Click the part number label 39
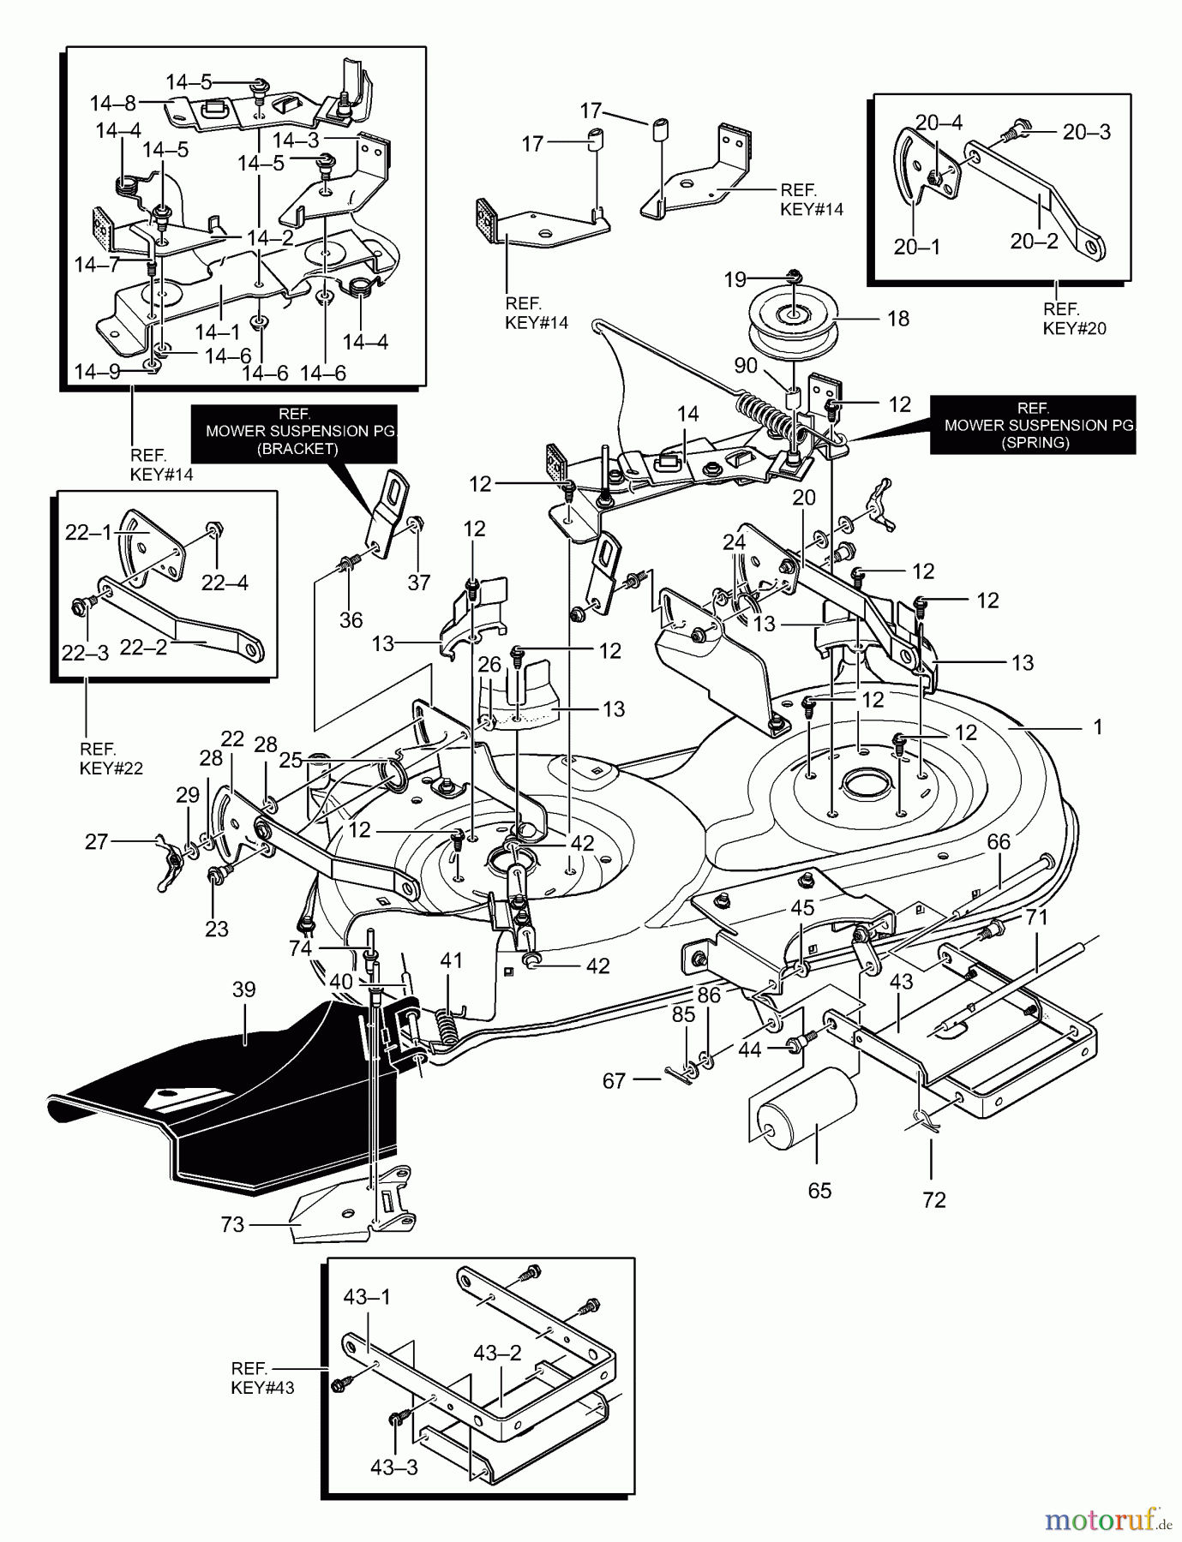[244, 989]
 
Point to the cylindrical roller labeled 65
[806, 1113]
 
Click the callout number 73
[233, 1225]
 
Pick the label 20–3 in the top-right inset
[1087, 131]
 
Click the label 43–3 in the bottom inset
[394, 1467]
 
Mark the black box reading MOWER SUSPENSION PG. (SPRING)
[1032, 425]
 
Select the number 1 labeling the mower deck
[1097, 727]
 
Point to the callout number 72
[933, 1199]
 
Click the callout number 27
[97, 842]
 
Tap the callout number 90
[746, 366]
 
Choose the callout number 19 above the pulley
[735, 279]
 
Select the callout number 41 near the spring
[452, 960]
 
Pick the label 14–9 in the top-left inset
[96, 372]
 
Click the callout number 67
[614, 1081]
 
